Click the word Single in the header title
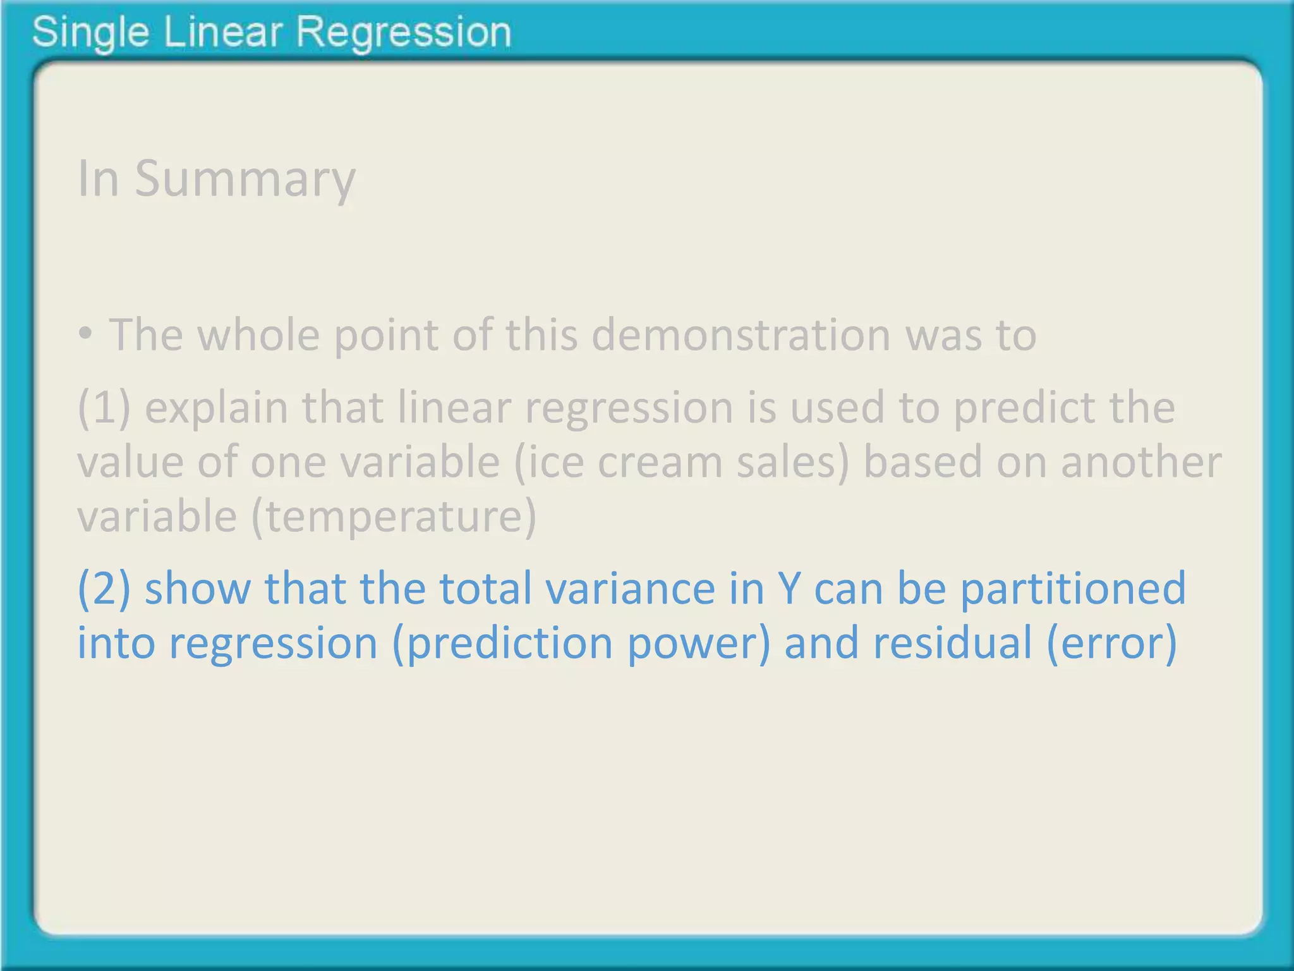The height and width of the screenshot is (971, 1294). (90, 33)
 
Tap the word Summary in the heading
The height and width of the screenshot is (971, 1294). (245, 179)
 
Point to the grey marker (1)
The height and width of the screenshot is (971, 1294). (104, 408)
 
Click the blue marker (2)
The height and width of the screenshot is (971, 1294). (104, 589)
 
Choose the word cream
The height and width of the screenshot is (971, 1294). (660, 462)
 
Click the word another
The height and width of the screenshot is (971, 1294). (1141, 462)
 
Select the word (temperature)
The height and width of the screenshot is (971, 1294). (394, 516)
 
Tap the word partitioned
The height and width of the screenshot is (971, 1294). (1073, 589)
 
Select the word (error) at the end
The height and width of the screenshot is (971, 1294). (1111, 643)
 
